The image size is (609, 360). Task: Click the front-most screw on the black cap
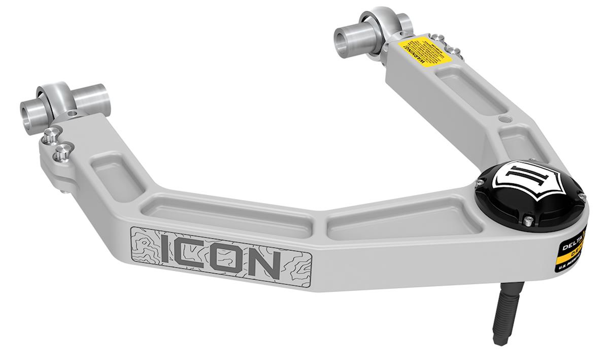528,219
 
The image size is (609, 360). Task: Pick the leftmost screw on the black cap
480,181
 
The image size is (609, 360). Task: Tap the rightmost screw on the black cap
583,197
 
